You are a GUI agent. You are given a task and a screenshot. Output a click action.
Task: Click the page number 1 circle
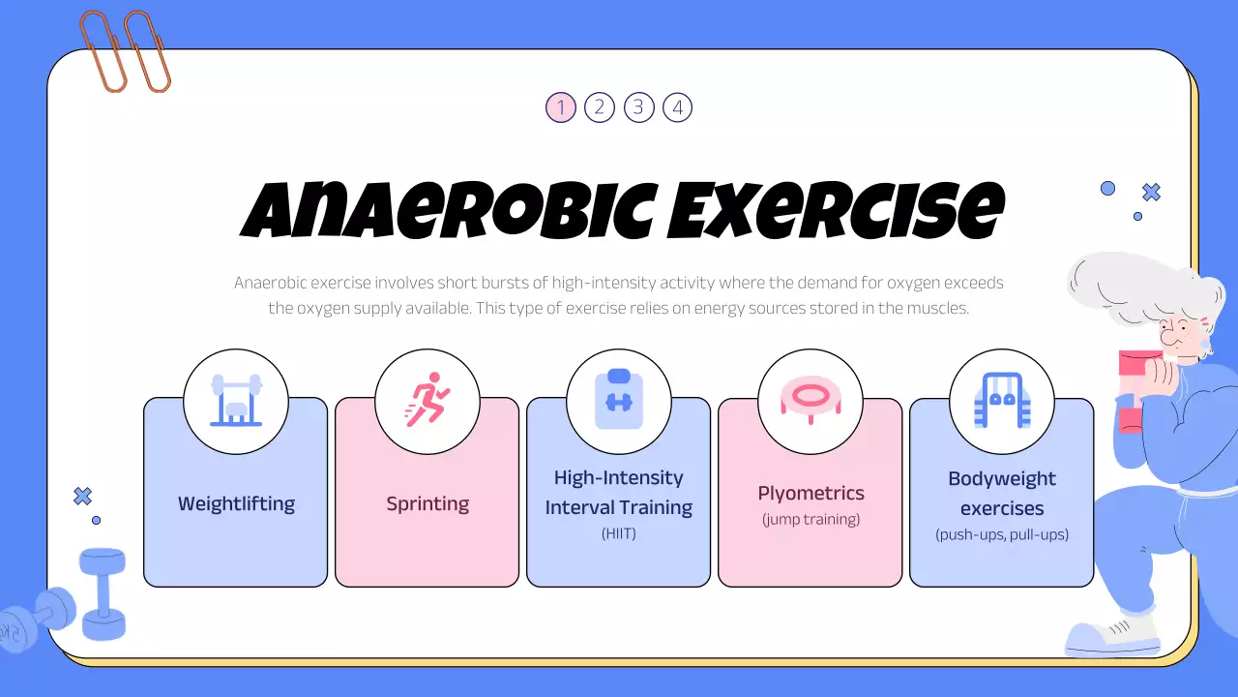pyautogui.click(x=561, y=107)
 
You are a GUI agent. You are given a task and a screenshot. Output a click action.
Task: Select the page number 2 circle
pyautogui.click(x=600, y=107)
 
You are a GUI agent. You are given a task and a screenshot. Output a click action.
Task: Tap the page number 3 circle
pyautogui.click(x=638, y=107)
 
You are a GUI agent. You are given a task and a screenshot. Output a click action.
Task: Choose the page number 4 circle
pyautogui.click(x=677, y=107)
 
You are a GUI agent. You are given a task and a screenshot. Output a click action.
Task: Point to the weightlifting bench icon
pyautogui.click(x=236, y=401)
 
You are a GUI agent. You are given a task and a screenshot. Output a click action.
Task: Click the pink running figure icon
pyautogui.click(x=427, y=400)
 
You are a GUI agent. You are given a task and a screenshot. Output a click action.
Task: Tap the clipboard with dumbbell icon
pyautogui.click(x=619, y=400)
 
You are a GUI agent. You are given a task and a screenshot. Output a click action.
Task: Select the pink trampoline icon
pyautogui.click(x=811, y=400)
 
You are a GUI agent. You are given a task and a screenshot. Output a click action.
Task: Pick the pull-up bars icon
pyautogui.click(x=1002, y=401)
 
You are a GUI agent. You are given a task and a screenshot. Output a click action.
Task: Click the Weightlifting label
pyautogui.click(x=236, y=504)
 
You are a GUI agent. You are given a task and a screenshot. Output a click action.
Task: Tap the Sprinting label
pyautogui.click(x=427, y=504)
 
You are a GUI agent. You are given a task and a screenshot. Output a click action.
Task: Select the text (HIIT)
pyautogui.click(x=619, y=533)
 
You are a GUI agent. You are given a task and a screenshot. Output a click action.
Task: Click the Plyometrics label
pyautogui.click(x=811, y=494)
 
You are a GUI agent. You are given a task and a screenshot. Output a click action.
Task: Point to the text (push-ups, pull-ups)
pyautogui.click(x=1002, y=534)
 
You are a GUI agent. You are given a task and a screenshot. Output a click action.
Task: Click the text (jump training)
pyautogui.click(x=811, y=520)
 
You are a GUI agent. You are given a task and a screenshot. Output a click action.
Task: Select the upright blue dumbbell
pyautogui.click(x=103, y=592)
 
